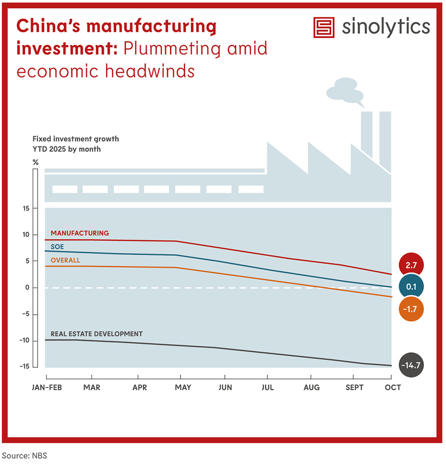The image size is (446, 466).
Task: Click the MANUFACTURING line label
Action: click(79, 233)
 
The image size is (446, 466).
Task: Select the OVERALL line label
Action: click(65, 260)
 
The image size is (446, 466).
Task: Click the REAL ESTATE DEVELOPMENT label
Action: click(96, 334)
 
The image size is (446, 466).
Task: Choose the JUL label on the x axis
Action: click(267, 387)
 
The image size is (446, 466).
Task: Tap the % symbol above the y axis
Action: click(35, 162)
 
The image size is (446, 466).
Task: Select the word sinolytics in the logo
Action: click(386, 27)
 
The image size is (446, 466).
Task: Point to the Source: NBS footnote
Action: click(25, 456)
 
